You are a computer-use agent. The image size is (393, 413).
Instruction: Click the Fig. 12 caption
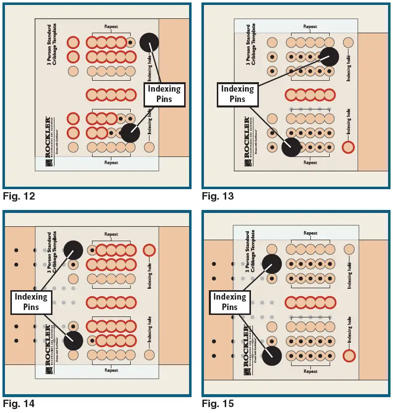pos(19,197)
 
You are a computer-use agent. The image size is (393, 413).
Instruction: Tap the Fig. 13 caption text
pos(218,197)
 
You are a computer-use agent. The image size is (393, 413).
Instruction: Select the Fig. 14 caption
pos(19,404)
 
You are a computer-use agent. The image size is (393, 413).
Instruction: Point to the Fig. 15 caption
pos(218,404)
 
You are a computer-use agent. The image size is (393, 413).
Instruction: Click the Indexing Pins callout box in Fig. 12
pos(164,94)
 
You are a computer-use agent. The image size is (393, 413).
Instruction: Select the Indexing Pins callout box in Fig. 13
pos(237,94)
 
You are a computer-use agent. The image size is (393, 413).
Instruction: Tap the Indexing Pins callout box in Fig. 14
pos(31,302)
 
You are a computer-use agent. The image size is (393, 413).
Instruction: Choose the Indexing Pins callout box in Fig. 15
pos(230,302)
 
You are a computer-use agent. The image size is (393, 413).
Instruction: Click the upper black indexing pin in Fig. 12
pos(149,43)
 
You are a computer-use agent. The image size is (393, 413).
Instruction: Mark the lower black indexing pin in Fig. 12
pos(130,133)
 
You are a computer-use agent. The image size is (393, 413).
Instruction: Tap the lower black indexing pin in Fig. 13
pos(291,147)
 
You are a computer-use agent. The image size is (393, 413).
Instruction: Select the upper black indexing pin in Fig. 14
pos(73,250)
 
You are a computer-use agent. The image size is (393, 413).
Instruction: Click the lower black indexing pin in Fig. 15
pos(272,356)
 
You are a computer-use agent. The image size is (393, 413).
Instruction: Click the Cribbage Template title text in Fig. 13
pos(251,45)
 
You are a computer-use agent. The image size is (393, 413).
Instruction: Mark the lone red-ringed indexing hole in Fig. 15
pos(349,355)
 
